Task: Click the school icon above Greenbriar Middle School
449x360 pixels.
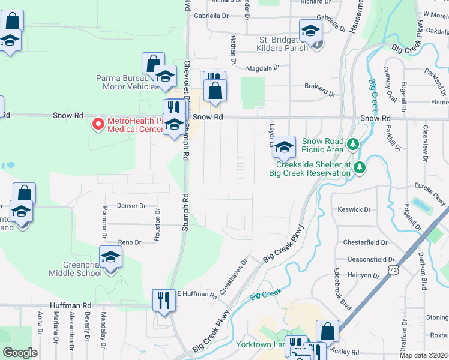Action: tap(110, 257)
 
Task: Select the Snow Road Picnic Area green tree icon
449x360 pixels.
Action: tap(354, 144)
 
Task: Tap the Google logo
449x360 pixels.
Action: tap(20, 353)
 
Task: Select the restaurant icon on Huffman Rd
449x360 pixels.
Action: tap(163, 299)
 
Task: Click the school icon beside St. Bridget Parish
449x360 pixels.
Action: tap(311, 31)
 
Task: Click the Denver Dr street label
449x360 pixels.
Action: tap(131, 206)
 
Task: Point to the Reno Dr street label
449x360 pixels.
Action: tap(129, 242)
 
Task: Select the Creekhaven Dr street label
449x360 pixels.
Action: tap(234, 276)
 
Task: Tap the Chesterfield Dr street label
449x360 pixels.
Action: tap(365, 242)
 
